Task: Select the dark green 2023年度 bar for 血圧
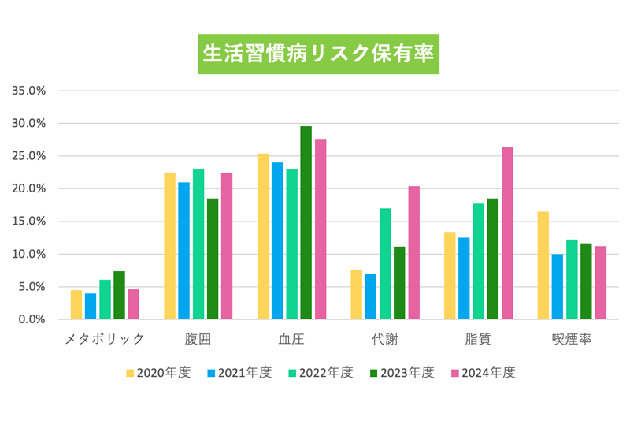(306, 223)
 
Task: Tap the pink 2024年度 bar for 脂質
(507, 233)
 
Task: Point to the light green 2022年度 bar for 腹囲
(198, 244)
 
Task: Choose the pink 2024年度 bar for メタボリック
(133, 304)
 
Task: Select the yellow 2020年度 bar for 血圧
(263, 237)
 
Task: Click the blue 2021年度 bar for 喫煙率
(558, 287)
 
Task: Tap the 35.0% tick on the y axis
(29, 90)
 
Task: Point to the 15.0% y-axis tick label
(29, 222)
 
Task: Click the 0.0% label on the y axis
(32, 319)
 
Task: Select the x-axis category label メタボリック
(105, 340)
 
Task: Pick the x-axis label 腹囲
(198, 340)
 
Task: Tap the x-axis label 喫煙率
(572, 340)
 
